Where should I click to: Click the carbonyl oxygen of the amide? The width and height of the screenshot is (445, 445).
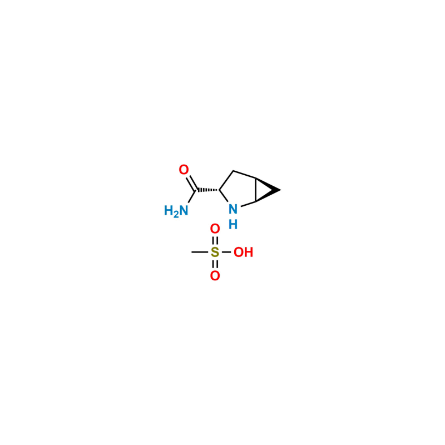tap(184, 170)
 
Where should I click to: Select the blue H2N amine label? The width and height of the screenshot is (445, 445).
tap(176, 211)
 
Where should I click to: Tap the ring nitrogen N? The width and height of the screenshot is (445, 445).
tap(233, 209)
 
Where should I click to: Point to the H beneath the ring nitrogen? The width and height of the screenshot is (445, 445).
tap(233, 225)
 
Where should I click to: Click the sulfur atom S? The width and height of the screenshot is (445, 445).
tap(215, 252)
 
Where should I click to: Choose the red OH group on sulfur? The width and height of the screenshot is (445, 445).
tap(243, 252)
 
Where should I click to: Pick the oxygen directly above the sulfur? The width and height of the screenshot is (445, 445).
tap(215, 229)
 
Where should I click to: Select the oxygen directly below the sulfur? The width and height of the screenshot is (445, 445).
tap(215, 275)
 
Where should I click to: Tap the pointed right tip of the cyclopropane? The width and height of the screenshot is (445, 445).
tap(280, 190)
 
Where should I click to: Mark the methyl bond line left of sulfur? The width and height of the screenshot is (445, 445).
tap(200, 252)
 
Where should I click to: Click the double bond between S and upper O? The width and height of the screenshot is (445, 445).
tap(215, 240)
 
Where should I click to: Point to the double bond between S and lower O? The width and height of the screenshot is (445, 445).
tap(215, 264)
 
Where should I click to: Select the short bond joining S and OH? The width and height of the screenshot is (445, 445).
tap(226, 252)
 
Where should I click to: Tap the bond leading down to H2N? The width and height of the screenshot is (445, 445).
tap(192, 196)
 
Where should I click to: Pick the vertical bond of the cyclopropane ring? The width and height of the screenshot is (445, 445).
tap(256, 190)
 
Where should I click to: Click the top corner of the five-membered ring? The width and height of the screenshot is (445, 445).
tap(233, 171)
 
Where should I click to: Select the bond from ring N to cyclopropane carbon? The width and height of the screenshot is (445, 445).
tap(248, 204)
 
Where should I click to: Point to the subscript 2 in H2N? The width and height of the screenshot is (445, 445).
tap(176, 215)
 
